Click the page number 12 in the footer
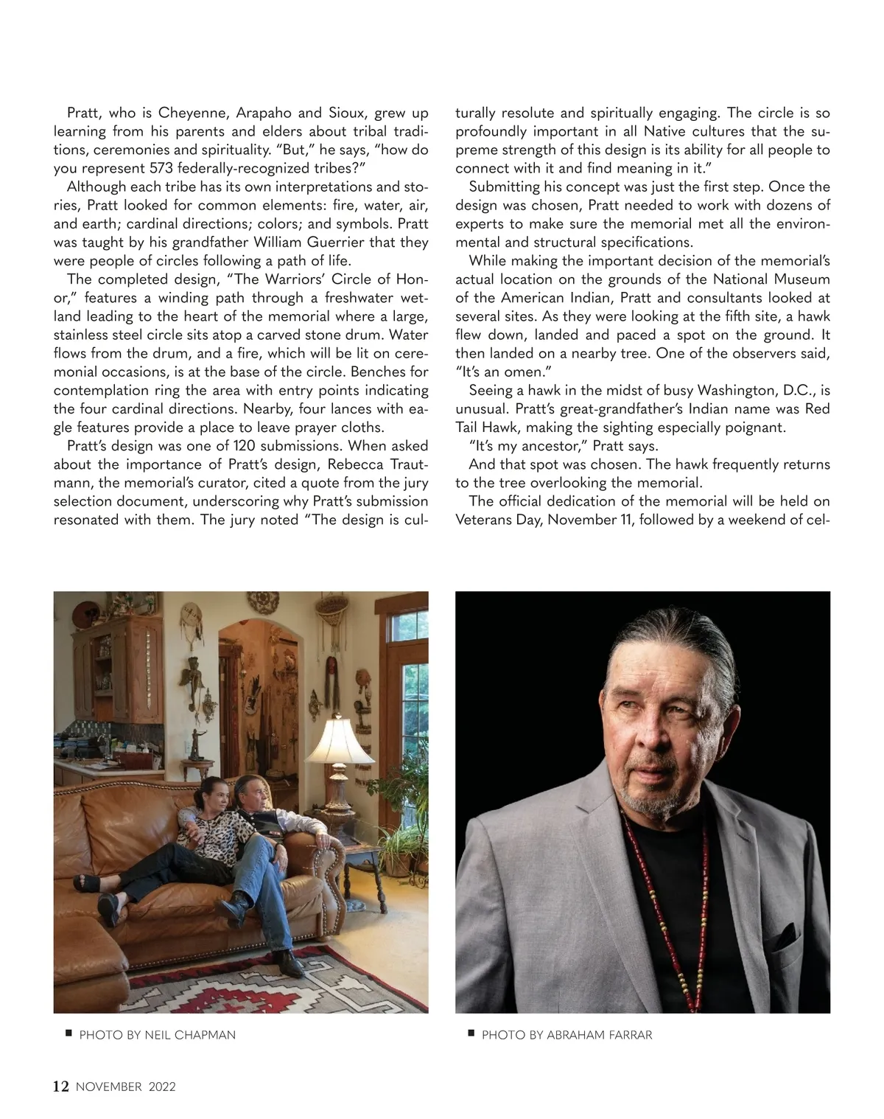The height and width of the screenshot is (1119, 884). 61,1086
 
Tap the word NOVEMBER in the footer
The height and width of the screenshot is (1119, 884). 108,1087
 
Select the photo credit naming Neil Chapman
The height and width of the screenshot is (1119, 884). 157,1035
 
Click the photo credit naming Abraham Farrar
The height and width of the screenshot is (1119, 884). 566,1035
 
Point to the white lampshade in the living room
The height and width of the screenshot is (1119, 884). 339,741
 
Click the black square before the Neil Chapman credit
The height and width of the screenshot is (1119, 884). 68,1033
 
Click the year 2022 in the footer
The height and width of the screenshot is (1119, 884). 162,1087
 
